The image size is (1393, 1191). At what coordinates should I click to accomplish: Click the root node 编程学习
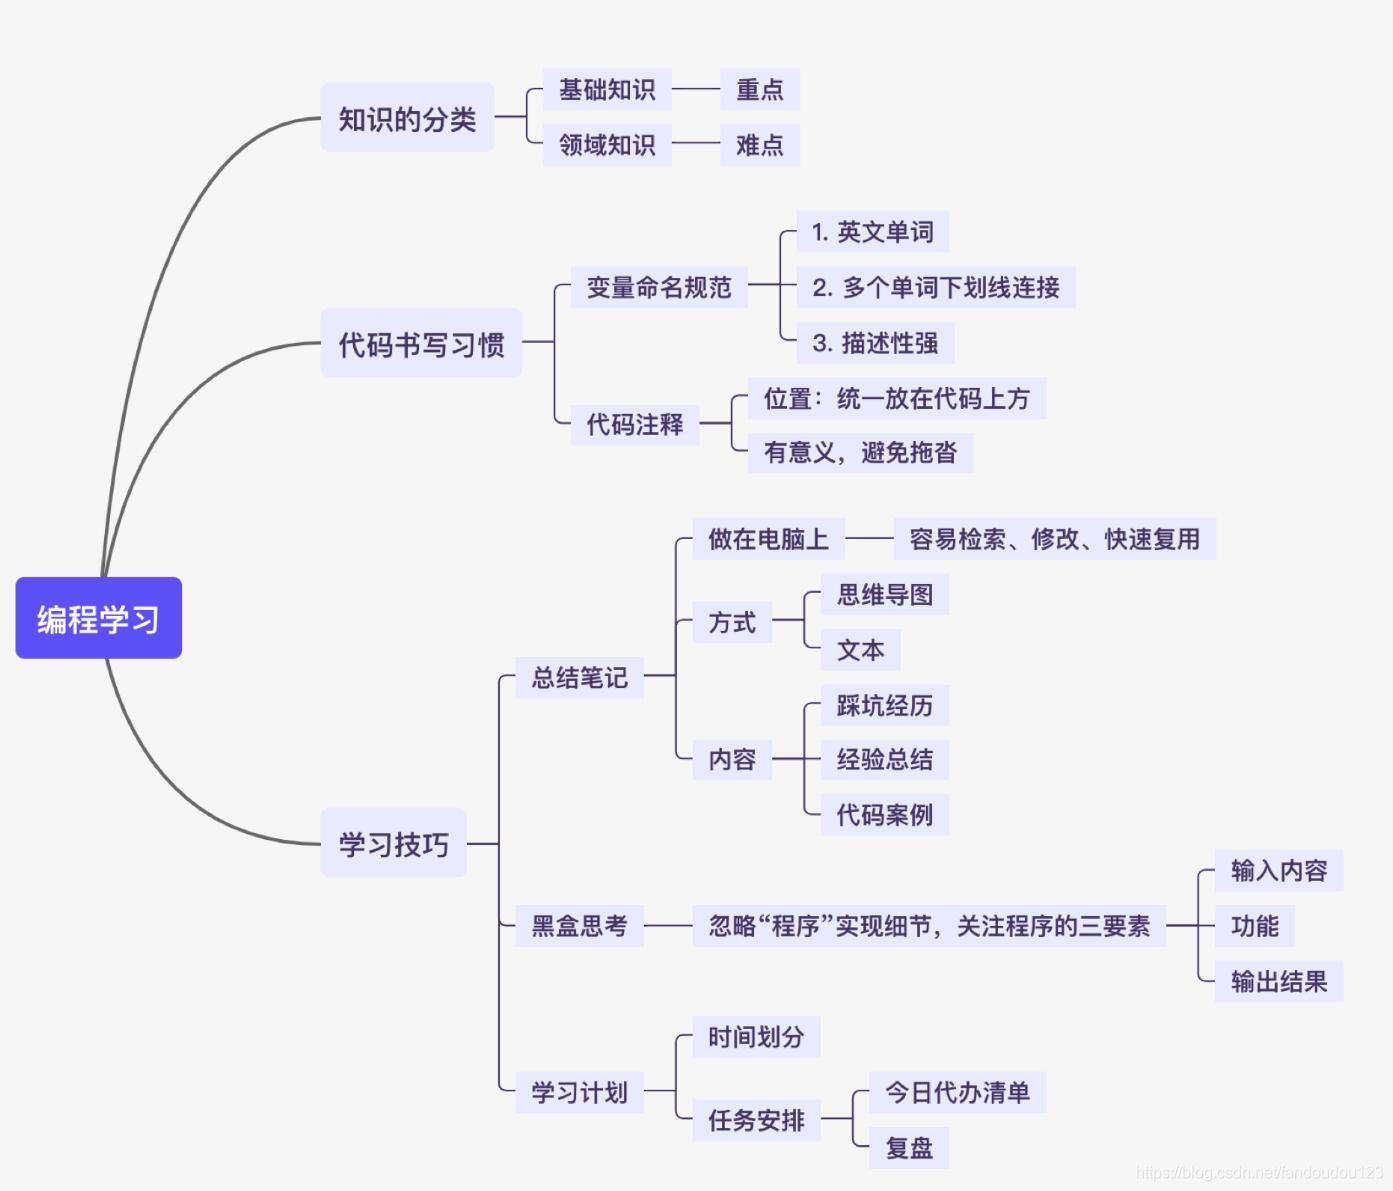click(x=98, y=618)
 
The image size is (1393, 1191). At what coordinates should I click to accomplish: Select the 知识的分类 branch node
click(x=407, y=118)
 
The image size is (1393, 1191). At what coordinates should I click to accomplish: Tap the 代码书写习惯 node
click(x=421, y=343)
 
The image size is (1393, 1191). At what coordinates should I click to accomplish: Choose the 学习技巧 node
click(x=393, y=843)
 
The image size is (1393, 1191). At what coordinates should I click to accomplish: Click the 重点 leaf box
click(x=759, y=90)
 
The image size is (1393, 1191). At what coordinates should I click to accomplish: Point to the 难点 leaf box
click(x=759, y=145)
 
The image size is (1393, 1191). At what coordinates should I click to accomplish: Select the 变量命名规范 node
click(x=659, y=287)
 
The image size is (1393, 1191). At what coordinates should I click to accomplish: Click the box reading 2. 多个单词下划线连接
click(x=935, y=287)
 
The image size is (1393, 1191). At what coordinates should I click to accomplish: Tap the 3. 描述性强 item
click(x=875, y=343)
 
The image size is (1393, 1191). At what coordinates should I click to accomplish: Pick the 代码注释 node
click(x=634, y=424)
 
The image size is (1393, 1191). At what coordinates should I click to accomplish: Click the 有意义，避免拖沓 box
click(x=860, y=452)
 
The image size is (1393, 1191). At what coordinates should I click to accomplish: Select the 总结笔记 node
click(x=579, y=677)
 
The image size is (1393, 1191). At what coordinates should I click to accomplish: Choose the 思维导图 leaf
click(x=884, y=595)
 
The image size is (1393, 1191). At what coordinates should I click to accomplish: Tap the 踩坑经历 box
click(x=884, y=705)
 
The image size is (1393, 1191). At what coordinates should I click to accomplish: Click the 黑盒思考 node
click(x=579, y=925)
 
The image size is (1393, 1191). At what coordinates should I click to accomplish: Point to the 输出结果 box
click(x=1278, y=981)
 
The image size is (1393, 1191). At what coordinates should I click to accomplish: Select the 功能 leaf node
click(x=1254, y=926)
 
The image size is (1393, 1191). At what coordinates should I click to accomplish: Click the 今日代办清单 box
click(x=957, y=1092)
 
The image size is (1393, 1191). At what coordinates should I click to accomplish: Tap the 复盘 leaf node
click(x=908, y=1148)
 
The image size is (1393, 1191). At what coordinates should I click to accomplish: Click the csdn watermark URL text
click(x=1259, y=1172)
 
